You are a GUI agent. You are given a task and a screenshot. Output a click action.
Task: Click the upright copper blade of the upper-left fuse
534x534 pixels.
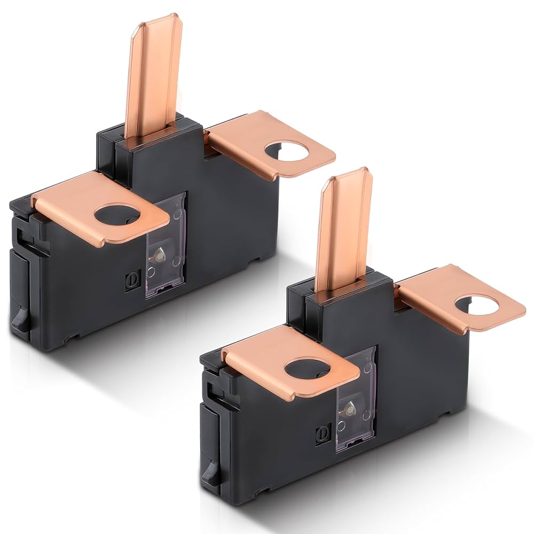[152, 80]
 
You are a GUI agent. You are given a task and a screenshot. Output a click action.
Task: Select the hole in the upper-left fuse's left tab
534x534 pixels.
[117, 215]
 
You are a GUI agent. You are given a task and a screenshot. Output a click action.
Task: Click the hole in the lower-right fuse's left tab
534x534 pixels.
[306, 369]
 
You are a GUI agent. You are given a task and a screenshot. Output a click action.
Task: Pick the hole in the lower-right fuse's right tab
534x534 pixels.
[477, 305]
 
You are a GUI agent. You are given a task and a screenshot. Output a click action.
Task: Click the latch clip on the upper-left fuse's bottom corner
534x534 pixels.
[20, 320]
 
